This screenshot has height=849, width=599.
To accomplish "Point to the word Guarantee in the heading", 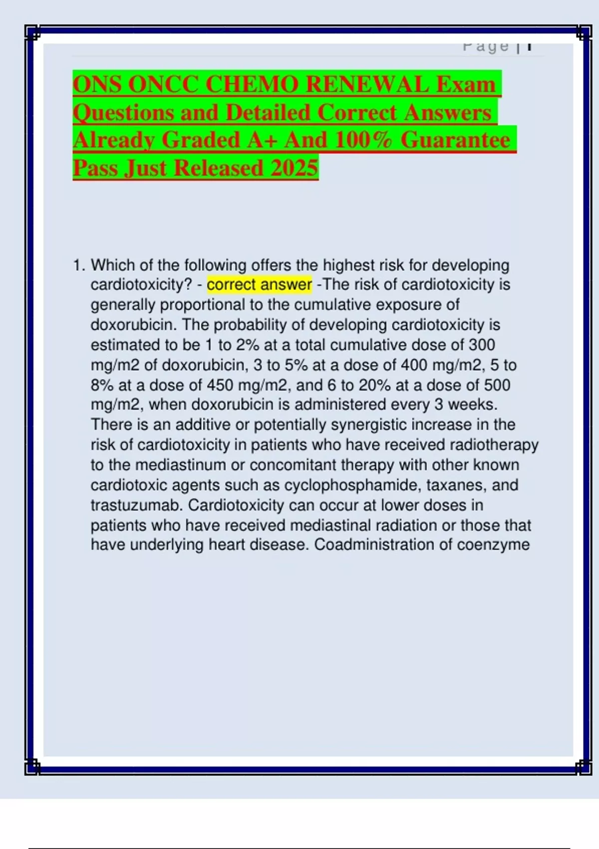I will point(455,140).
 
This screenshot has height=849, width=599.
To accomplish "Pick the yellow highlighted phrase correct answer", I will point(259,285).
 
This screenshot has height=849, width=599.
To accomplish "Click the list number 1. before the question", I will point(79,265).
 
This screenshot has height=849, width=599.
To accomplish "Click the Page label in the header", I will point(485,46).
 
